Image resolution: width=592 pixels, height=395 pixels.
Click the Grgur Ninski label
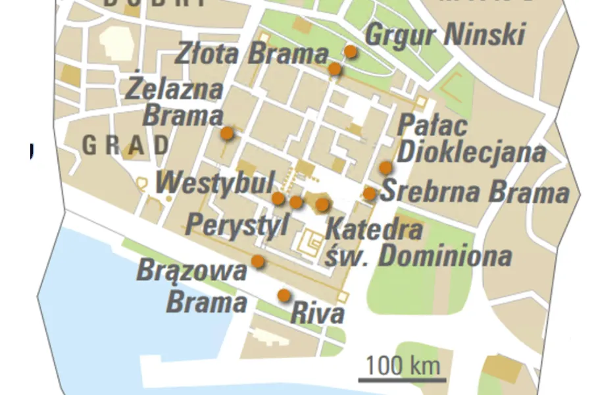(445, 35)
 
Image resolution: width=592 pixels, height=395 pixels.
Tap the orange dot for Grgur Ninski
(351, 51)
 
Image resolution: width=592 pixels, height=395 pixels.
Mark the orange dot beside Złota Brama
(335, 68)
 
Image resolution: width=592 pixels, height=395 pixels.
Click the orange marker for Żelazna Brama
(227, 134)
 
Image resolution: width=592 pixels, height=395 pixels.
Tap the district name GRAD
(125, 145)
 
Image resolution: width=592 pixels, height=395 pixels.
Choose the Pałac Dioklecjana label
(472, 139)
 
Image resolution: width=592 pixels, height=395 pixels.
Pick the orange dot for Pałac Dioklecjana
(385, 168)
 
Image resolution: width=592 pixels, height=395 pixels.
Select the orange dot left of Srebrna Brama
(370, 194)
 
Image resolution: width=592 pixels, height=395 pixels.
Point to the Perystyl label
(237, 224)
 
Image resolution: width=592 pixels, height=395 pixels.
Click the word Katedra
(373, 230)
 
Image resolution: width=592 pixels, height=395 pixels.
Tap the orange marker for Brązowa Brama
(258, 262)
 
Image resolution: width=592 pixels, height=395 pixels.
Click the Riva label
(317, 313)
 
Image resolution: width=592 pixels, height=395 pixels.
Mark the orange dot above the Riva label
(284, 296)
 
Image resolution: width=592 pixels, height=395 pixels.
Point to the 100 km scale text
(402, 363)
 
